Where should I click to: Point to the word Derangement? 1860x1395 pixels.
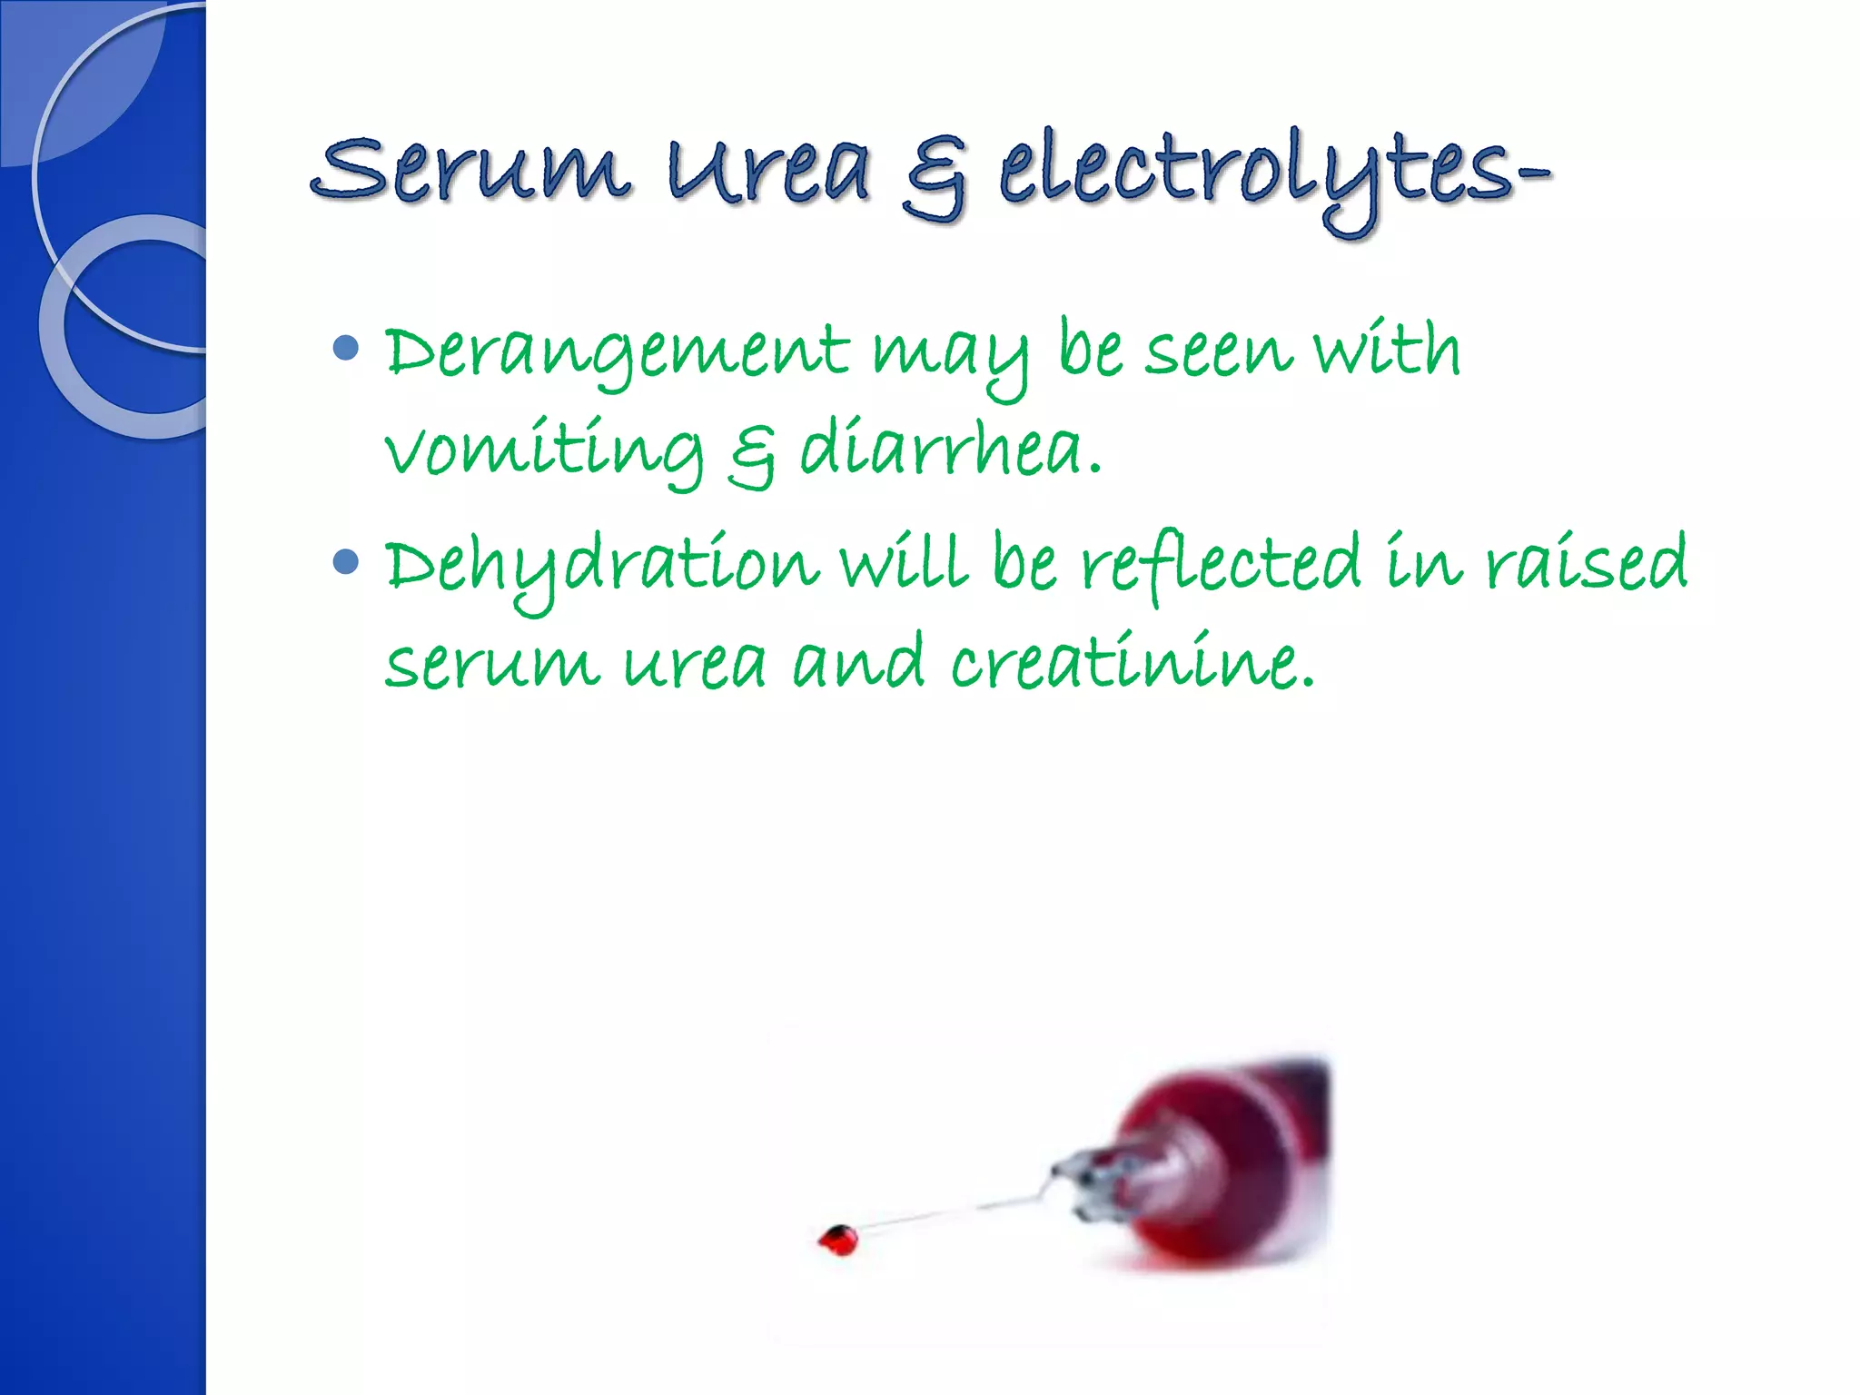pyautogui.click(x=617, y=354)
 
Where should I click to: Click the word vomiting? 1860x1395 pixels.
pyautogui.click(x=544, y=450)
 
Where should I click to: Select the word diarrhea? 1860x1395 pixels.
pyautogui.click(x=950, y=450)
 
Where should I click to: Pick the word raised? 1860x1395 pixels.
pyautogui.click(x=1586, y=563)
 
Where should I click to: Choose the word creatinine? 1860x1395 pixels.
pyautogui.click(x=1132, y=663)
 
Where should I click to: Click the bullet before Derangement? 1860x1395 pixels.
pyautogui.click(x=346, y=348)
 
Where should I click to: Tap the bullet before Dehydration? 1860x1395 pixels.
pyautogui.click(x=346, y=561)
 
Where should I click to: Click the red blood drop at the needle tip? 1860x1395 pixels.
pyautogui.click(x=838, y=1239)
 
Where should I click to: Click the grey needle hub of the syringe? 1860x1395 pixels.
pyautogui.click(x=1094, y=1181)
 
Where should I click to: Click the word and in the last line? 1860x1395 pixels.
pyautogui.click(x=858, y=663)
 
